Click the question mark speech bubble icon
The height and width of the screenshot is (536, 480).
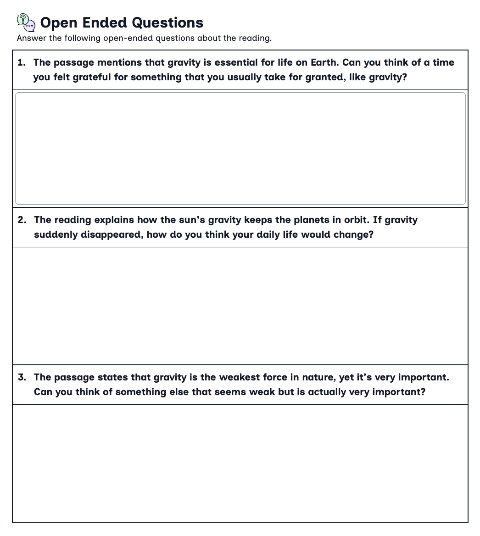26,22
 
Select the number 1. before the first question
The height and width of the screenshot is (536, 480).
22,62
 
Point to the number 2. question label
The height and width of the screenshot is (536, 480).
22,220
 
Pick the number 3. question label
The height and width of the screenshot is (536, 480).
22,377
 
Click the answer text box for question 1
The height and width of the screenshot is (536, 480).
240,148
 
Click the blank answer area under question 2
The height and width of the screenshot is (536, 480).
240,306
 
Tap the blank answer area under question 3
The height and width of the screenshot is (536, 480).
240,463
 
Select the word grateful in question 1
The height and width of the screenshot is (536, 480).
92,77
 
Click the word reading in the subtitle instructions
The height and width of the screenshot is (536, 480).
255,38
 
